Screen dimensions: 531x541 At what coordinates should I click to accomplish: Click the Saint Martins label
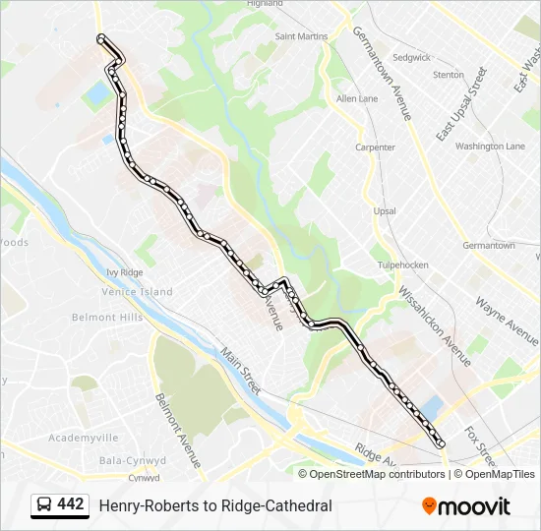301,36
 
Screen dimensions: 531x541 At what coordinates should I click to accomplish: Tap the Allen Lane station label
356,99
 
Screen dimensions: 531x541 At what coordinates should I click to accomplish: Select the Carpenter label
375,147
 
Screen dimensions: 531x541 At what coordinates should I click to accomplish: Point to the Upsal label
385,211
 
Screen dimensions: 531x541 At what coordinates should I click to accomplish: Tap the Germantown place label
488,245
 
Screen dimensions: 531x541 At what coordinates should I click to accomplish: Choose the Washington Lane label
490,146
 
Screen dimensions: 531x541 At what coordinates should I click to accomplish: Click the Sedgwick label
411,57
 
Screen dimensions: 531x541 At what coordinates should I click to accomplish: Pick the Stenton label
448,75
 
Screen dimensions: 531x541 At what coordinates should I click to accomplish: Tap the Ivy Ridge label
125,272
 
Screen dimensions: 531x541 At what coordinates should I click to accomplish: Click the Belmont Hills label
107,318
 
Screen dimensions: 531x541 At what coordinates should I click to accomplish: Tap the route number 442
70,504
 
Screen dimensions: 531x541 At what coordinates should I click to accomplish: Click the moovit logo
466,506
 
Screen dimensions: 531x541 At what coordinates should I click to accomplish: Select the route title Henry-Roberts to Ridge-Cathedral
215,505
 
